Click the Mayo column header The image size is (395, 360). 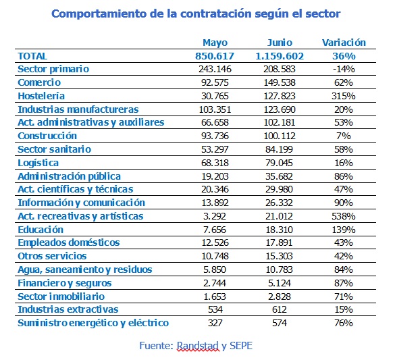click(215, 43)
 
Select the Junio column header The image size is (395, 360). click(280, 43)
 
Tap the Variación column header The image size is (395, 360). click(344, 43)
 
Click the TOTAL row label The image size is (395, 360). click(32, 56)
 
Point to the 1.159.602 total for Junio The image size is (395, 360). click(280, 56)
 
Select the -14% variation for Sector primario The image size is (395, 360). click(344, 69)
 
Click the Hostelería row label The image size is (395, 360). click(41, 96)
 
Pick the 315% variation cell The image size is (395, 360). click(344, 96)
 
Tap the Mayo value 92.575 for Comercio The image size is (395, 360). click(215, 82)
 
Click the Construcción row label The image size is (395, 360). click(47, 136)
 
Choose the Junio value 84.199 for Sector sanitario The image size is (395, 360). click(279, 149)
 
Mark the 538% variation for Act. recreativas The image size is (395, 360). click(344, 216)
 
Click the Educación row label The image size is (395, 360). click(41, 230)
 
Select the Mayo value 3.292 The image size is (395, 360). click(215, 216)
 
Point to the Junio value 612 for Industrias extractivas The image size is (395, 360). click(280, 309)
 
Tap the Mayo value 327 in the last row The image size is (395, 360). click(215, 323)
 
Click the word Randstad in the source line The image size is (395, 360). click(198, 346)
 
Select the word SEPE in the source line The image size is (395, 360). click(241, 346)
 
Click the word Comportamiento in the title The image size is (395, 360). click(99, 14)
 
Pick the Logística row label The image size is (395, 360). click(38, 163)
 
